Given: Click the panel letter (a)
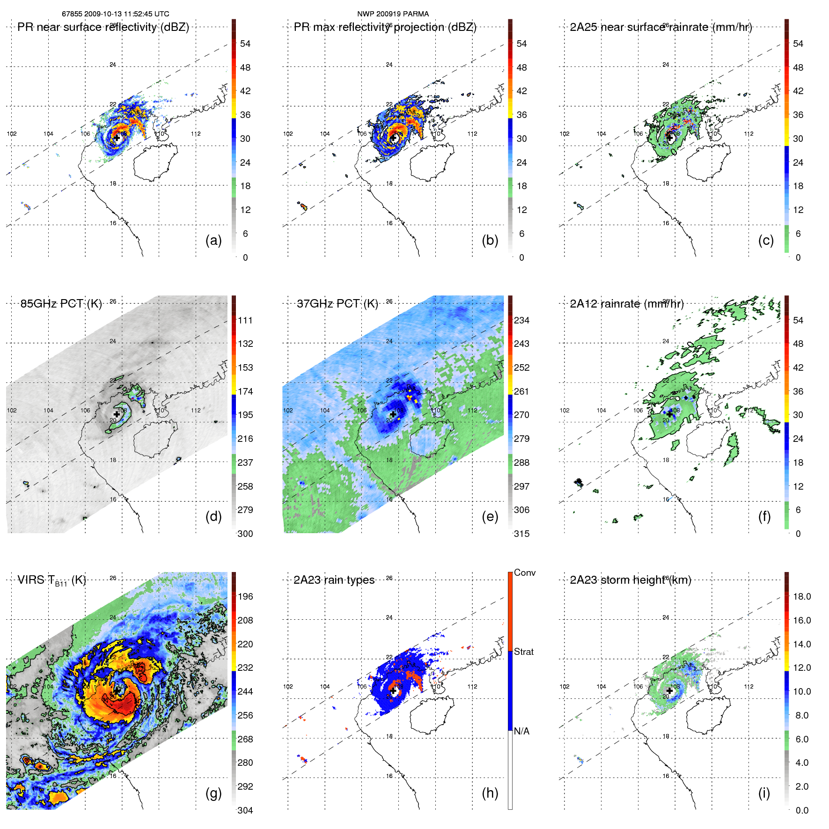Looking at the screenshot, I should (213, 240).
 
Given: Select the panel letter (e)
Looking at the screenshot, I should (490, 516).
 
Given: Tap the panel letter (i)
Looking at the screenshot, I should (764, 793).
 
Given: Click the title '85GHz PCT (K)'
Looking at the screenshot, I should (61, 304).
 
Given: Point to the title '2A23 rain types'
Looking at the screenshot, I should (334, 580).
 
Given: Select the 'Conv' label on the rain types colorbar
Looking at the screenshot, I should (524, 572).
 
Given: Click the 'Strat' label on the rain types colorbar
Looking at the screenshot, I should (523, 652).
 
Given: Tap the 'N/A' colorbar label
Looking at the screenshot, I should (521, 731).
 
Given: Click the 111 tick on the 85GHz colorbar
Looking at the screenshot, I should (245, 320).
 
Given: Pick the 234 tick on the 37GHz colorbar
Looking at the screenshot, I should (521, 320).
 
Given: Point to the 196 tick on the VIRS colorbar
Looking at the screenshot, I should (245, 596).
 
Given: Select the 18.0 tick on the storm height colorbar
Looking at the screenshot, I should (802, 596).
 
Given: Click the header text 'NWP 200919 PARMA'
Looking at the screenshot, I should (393, 14).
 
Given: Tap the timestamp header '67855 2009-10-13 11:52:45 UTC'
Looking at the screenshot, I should (116, 14).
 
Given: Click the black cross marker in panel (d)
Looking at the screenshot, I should (117, 414).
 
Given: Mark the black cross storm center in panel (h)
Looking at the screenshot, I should (393, 690).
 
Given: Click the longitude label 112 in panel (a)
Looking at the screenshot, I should (196, 134).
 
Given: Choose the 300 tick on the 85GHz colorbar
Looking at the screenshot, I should (245, 534).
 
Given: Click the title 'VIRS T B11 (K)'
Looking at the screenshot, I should (51, 580).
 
